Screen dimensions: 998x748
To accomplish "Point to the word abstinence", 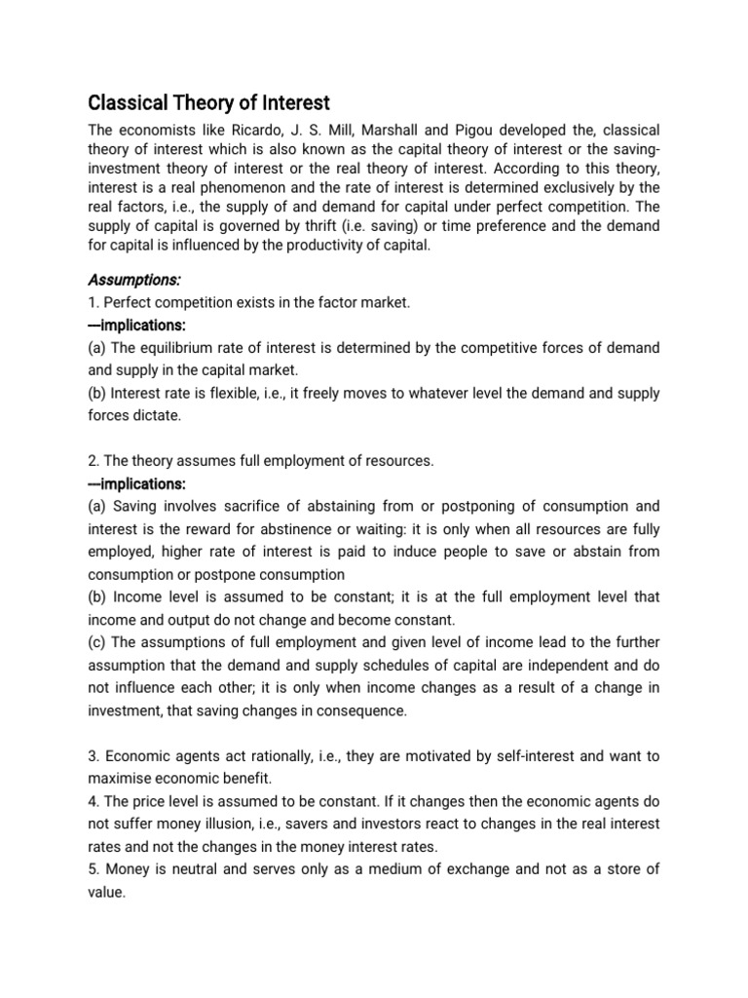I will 354,529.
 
